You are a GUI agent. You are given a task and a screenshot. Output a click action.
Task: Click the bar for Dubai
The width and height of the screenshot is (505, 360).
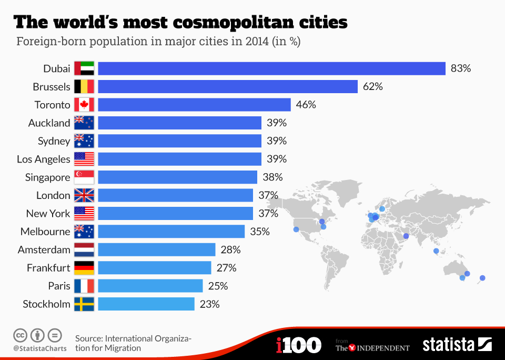coord(271,68)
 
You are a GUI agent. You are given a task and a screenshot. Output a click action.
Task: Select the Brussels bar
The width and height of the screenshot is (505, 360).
coord(228,86)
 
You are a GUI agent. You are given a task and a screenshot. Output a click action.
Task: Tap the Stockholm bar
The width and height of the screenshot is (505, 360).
coord(146,304)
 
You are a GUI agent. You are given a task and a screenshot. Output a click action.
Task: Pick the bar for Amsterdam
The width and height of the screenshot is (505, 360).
coord(157,249)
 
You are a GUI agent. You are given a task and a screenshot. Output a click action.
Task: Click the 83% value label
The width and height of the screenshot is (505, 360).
coord(461,68)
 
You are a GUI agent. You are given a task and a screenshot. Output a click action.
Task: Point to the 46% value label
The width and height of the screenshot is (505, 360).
coord(306,105)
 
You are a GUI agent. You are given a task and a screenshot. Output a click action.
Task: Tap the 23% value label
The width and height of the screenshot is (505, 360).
coord(209,304)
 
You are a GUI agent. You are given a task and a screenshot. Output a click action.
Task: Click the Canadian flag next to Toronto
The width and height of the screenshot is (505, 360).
coord(84,105)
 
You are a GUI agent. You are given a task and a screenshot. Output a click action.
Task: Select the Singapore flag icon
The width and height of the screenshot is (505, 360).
coord(84,177)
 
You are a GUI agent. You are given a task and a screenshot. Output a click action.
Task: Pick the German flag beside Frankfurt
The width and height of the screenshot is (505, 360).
coord(84,268)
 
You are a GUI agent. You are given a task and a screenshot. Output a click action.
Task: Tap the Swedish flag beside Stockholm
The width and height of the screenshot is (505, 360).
coord(84,304)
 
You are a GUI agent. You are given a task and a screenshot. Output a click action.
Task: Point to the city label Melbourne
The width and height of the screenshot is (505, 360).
coord(45,232)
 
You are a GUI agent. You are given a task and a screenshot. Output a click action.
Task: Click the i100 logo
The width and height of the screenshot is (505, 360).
coord(298,345)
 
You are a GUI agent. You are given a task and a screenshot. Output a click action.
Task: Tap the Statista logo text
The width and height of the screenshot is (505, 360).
coord(448,345)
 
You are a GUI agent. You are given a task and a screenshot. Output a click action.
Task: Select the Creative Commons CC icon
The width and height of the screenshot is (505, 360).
coord(21,335)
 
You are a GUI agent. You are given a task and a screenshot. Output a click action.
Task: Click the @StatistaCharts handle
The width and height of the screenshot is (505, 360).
coord(40,348)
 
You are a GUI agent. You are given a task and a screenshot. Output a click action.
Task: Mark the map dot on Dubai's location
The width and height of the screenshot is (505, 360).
coord(406,235)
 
